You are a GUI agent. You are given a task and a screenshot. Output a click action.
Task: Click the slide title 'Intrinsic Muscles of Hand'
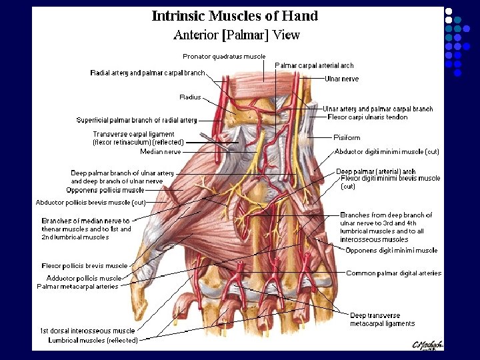click(235, 15)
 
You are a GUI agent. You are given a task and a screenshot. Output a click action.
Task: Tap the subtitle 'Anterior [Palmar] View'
click(236, 35)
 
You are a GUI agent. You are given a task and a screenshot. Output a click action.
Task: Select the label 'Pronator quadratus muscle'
click(224, 57)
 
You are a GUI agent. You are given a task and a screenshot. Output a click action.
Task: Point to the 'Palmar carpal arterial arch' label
click(314, 65)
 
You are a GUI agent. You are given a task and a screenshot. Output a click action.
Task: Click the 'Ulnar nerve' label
click(341, 79)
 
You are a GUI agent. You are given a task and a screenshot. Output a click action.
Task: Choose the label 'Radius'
click(190, 97)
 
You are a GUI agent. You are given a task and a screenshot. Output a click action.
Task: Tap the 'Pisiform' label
click(347, 137)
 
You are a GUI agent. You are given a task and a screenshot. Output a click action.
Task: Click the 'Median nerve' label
click(161, 152)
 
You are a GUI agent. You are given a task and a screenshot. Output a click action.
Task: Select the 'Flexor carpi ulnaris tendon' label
click(367, 117)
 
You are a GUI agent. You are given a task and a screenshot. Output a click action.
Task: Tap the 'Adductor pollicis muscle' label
click(84, 278)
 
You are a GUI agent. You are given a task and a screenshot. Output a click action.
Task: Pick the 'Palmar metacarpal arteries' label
click(77, 287)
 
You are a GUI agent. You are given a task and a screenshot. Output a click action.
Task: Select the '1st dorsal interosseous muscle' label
click(87, 331)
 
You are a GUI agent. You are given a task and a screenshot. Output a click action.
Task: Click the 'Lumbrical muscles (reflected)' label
click(93, 340)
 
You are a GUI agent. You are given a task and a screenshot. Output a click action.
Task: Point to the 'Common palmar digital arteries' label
click(393, 273)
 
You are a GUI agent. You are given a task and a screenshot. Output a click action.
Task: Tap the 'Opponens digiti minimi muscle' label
click(391, 251)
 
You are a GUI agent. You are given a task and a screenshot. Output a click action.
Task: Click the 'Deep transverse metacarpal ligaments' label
click(382, 320)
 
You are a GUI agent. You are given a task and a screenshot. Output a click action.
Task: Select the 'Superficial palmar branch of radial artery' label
click(137, 121)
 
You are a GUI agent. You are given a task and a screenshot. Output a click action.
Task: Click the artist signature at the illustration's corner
click(429, 344)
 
